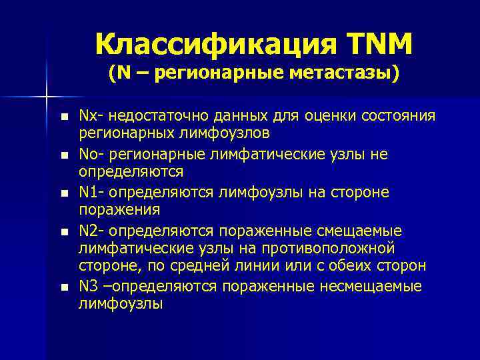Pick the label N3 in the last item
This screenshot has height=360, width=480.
point(88,286)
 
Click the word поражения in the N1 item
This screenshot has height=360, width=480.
point(119,209)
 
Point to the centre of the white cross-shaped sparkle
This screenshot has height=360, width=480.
point(47,98)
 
